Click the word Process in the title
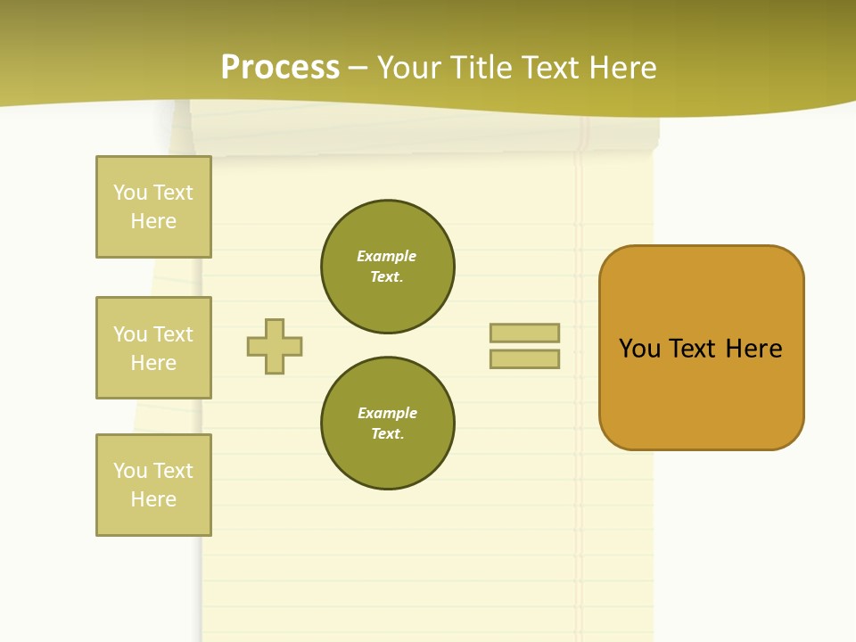280,68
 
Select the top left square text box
153,207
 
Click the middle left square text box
153,348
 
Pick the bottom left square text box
153,485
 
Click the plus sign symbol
275,346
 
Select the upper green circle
387,267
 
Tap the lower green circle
387,424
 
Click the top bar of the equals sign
524,333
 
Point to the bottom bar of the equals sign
524,359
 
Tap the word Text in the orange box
694,349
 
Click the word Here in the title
623,68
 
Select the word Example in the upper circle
386,256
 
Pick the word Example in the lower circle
386,413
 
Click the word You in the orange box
639,349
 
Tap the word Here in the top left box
153,221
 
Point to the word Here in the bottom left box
153,499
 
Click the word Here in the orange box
753,349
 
